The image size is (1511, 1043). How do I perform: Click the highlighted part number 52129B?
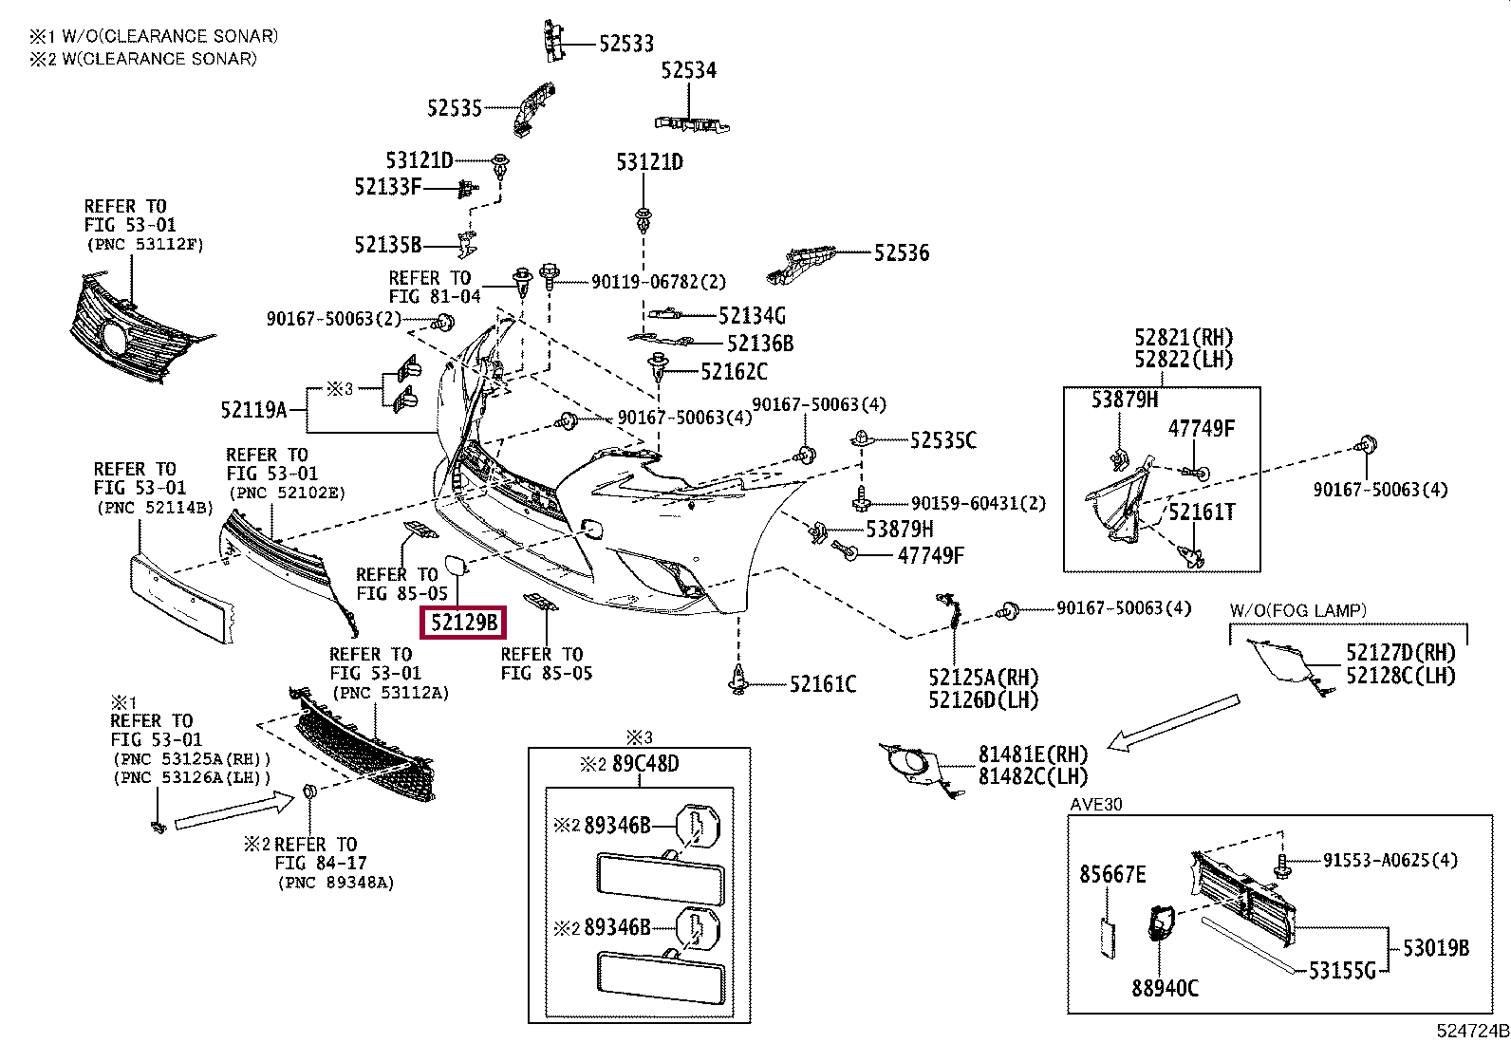(x=463, y=622)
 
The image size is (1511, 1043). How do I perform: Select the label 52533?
(x=626, y=44)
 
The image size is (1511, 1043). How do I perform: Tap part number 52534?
(x=689, y=70)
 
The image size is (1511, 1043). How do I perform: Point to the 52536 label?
(x=902, y=253)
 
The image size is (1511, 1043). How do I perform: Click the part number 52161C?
(x=823, y=684)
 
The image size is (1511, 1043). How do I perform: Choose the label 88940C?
(x=1166, y=988)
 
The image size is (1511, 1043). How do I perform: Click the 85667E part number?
(x=1113, y=874)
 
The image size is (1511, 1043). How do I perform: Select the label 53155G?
(x=1342, y=971)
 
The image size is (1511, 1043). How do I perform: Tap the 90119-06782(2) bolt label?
(x=659, y=281)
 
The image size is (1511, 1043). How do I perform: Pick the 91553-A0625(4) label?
(x=1390, y=860)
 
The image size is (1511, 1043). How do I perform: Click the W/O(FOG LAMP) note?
(x=1297, y=610)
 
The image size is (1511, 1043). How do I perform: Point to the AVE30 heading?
(x=1096, y=804)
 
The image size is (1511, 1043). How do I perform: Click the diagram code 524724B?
(x=1472, y=1031)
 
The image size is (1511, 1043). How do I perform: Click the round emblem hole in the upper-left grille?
(x=113, y=337)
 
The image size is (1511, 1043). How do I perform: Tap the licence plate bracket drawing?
(x=182, y=598)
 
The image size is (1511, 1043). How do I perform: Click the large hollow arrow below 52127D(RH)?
(x=1174, y=722)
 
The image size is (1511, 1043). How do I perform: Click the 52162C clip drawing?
(x=658, y=368)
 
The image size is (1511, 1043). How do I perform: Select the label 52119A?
(x=254, y=409)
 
